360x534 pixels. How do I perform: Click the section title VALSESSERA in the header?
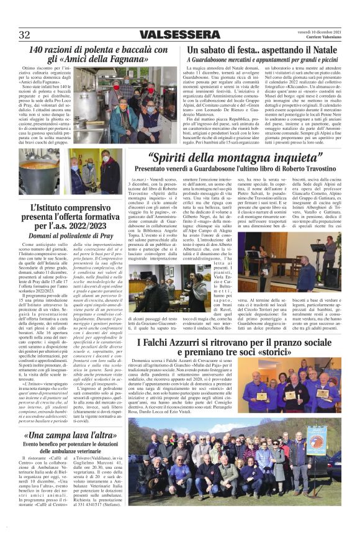[176, 35]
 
